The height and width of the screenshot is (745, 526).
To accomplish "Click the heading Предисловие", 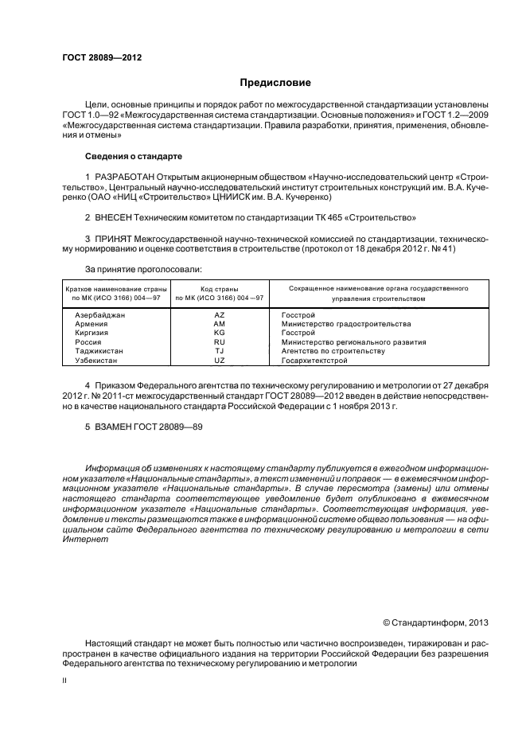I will click(275, 83).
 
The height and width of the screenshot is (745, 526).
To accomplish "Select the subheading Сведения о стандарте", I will click(134, 155).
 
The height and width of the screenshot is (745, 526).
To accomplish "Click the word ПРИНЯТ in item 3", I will click(114, 238).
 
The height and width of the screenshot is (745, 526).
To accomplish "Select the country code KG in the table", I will click(220, 333).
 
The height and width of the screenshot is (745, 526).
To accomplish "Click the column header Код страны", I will click(220, 288).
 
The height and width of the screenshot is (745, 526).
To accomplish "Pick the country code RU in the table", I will click(220, 342).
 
